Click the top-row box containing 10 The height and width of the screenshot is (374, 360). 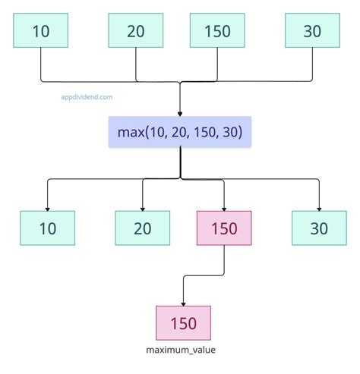click(x=40, y=31)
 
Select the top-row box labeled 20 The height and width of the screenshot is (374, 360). click(x=136, y=31)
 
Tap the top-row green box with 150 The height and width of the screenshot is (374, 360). click(x=216, y=31)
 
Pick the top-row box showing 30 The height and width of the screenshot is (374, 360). click(x=312, y=31)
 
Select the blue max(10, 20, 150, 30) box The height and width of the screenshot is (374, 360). click(x=180, y=133)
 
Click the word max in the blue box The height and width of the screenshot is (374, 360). click(x=131, y=133)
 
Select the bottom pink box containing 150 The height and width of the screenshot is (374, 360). click(x=183, y=323)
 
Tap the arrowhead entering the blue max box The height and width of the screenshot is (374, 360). click(x=180, y=112)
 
